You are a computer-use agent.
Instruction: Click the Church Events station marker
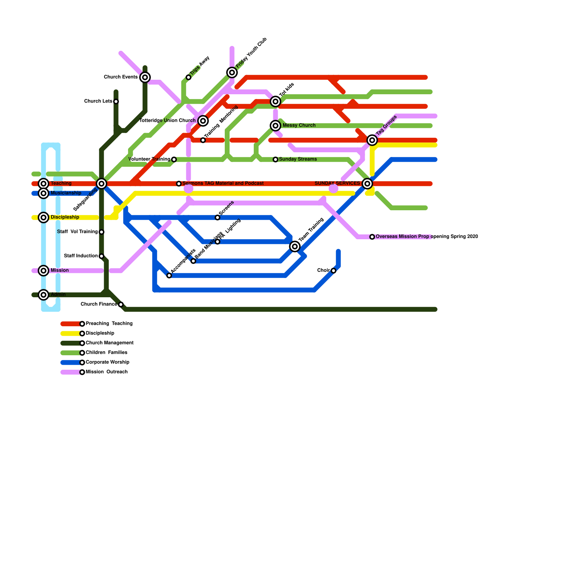pos(145,77)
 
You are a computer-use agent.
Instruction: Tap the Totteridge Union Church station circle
pos(203,121)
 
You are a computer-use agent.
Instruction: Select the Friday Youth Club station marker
pos(232,72)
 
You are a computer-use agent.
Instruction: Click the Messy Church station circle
pos(275,126)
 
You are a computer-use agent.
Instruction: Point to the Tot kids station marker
pos(275,101)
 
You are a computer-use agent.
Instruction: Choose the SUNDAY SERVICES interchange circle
pos(367,184)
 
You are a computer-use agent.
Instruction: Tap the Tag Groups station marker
pos(372,140)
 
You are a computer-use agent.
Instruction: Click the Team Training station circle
pos(295,247)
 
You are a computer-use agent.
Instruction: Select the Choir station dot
pos(333,271)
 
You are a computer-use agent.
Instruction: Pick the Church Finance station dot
pos(121,304)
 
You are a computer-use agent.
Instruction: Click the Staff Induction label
pos(81,256)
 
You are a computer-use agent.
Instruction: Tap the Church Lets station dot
pos(116,101)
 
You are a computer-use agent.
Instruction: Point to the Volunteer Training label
pos(149,159)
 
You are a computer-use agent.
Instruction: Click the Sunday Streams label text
pos(298,159)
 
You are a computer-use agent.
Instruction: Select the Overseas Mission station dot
pos(372,237)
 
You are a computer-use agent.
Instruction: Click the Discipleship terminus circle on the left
pos(43,217)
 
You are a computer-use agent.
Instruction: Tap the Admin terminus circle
pos(43,295)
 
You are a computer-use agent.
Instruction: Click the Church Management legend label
pos(109,343)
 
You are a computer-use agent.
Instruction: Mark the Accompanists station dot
pos(169,275)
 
